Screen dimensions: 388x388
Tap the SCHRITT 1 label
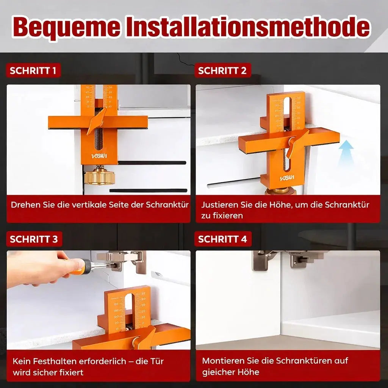(x=33, y=70)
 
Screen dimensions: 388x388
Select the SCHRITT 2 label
(x=222, y=70)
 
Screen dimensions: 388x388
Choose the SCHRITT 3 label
(x=34, y=239)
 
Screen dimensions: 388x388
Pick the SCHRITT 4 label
(x=222, y=239)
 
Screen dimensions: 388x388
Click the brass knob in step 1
(x=99, y=176)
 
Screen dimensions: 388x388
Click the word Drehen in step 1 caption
(x=23, y=205)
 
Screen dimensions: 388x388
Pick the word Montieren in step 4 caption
(x=220, y=360)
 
